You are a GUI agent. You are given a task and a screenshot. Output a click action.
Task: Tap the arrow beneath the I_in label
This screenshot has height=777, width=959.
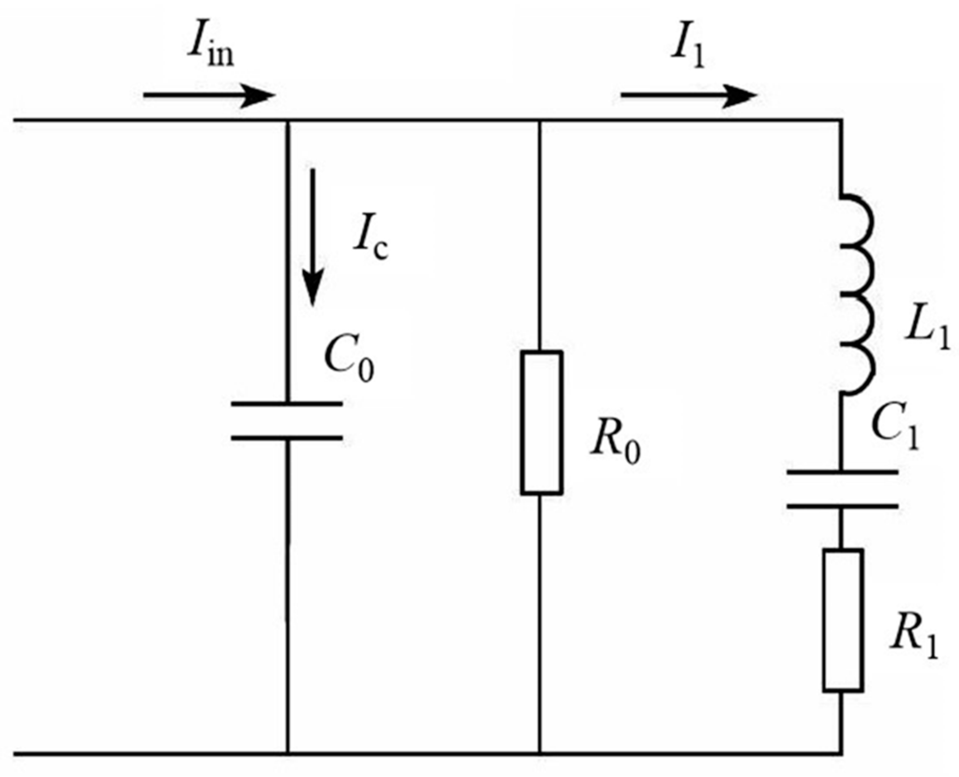coord(208,96)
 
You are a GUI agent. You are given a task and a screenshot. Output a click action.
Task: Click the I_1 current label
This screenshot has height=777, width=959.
coord(687,53)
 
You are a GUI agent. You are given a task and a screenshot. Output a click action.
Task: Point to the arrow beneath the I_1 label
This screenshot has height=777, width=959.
coord(689,96)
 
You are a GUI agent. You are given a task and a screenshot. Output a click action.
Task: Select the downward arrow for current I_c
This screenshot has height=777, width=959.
coord(313,237)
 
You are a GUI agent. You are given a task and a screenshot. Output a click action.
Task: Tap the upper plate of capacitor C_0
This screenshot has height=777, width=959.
coord(287,404)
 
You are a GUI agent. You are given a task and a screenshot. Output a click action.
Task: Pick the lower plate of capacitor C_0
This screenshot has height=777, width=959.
coord(287,438)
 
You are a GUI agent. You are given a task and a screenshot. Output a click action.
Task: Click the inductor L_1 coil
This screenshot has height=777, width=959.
coord(856,295)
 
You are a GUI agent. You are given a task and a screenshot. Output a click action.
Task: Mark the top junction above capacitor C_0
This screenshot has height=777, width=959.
coord(287,120)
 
